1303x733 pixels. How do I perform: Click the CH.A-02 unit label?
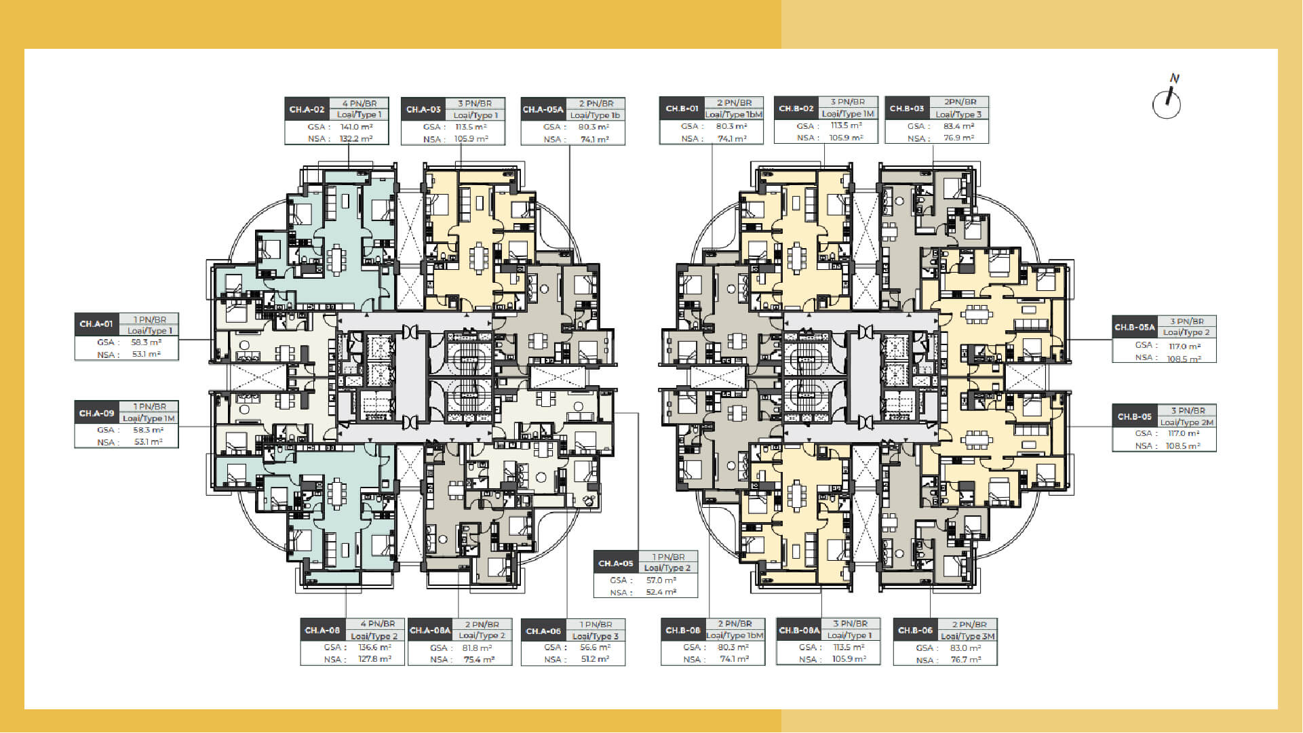point(307,109)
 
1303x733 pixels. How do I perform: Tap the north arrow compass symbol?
point(1167,102)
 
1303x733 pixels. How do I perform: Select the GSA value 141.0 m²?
point(356,127)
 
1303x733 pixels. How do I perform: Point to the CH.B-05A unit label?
point(1135,327)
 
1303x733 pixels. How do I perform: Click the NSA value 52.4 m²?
point(661,592)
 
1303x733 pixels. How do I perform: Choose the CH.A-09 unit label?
point(97,413)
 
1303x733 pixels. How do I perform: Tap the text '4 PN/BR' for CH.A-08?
point(378,624)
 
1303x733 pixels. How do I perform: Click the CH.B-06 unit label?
point(915,631)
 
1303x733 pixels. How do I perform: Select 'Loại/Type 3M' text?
point(968,636)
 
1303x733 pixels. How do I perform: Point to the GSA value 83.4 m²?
point(958,126)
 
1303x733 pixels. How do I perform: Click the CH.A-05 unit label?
point(616,563)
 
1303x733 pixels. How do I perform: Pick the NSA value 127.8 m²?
point(375,659)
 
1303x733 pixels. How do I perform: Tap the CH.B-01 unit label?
point(682,108)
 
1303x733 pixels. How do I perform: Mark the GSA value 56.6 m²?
point(596,648)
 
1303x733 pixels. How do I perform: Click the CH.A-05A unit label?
point(543,109)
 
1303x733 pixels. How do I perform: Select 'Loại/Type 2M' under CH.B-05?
point(1186,422)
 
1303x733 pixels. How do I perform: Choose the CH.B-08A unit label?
point(799,630)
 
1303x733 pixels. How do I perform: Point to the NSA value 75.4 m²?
point(479,659)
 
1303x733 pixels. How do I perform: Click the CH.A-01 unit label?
point(97,324)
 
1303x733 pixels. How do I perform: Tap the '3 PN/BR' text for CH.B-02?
point(847,102)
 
